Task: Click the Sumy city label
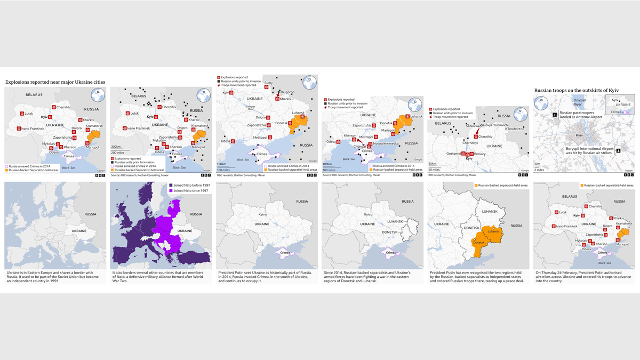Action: [268, 83]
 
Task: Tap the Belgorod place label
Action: [287, 92]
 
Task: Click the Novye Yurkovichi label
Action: [495, 124]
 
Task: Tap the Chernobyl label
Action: [470, 143]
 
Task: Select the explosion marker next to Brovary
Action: [471, 154]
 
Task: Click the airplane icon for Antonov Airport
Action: [555, 114]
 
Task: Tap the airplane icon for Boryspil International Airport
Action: [618, 150]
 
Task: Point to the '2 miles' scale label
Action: [539, 170]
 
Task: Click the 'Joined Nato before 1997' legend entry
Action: [189, 185]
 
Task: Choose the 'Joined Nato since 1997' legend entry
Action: [189, 190]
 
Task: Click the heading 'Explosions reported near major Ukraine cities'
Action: [55, 82]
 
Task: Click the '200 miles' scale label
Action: [118, 153]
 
